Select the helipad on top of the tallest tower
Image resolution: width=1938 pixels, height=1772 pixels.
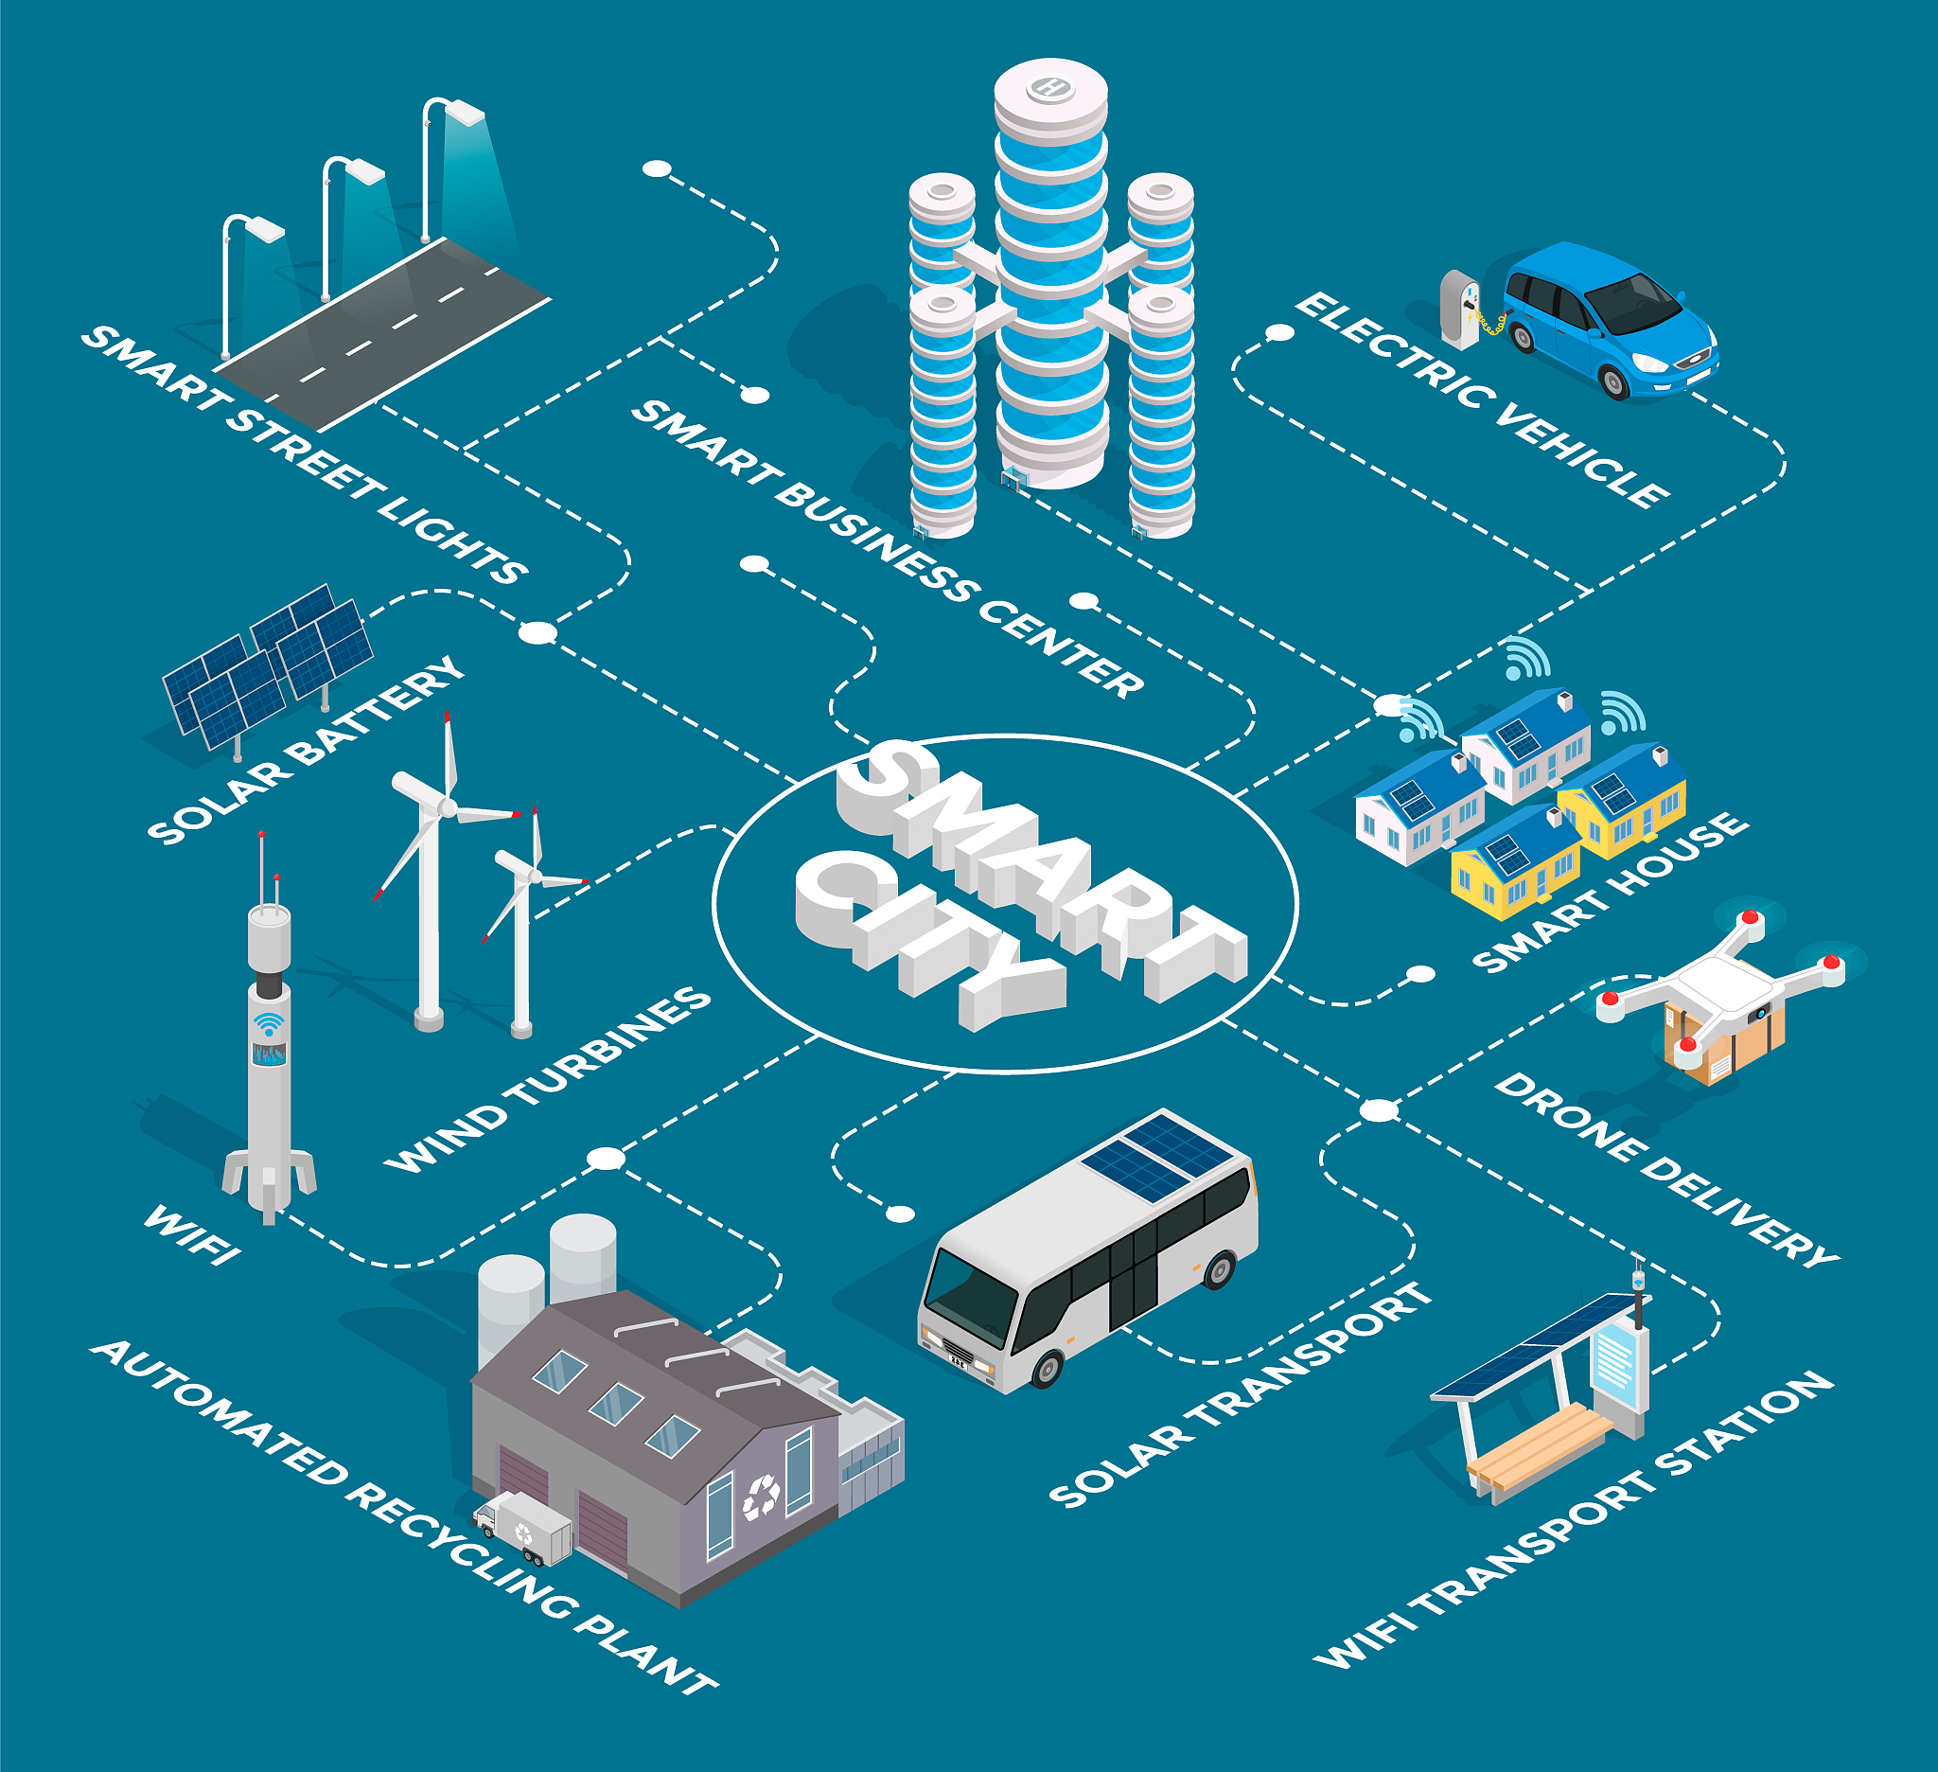pyautogui.click(x=1049, y=89)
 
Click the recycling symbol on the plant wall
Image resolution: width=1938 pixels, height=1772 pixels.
pyautogui.click(x=762, y=1496)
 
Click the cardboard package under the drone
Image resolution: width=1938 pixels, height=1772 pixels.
pyautogui.click(x=1725, y=1042)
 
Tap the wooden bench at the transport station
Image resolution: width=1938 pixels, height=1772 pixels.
pyautogui.click(x=1538, y=1443)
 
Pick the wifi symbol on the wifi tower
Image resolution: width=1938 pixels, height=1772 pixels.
pyautogui.click(x=269, y=1024)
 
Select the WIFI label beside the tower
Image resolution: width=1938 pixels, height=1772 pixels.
pyautogui.click(x=191, y=1234)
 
